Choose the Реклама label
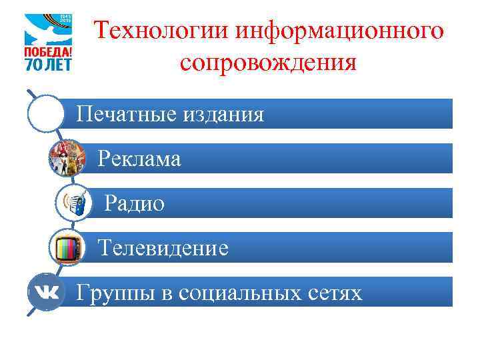[139, 159]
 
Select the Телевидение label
[163, 249]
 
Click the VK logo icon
[46, 293]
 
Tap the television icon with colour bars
[68, 249]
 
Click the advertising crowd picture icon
[66, 159]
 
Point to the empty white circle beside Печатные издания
[46, 114]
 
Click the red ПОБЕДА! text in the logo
[48, 52]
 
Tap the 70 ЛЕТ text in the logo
[48, 65]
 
